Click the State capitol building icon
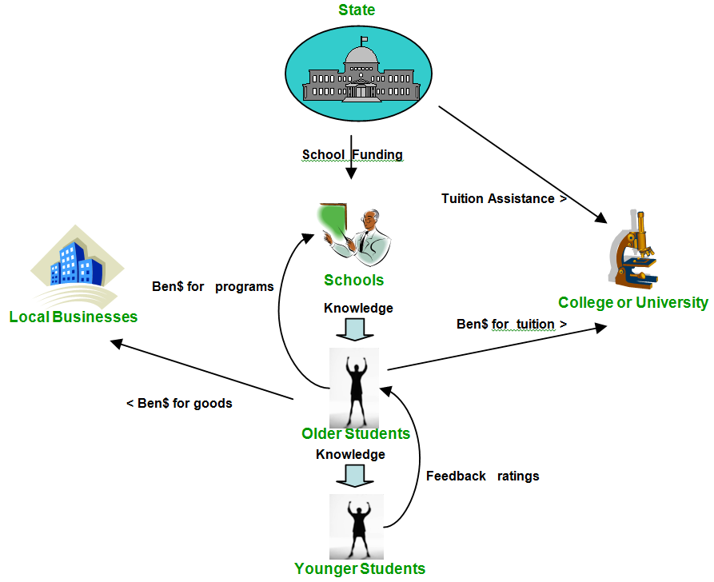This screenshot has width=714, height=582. [x=359, y=72]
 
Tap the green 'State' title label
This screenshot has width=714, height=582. [x=356, y=10]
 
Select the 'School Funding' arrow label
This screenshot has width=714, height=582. [x=352, y=155]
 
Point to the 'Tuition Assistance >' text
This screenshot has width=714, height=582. [x=504, y=198]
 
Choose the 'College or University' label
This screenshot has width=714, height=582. [x=632, y=302]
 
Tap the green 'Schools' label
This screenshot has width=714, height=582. [x=353, y=281]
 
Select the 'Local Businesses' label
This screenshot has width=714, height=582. [x=74, y=317]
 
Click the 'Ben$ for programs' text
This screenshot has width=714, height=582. [x=213, y=286]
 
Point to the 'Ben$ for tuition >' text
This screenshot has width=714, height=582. [x=512, y=324]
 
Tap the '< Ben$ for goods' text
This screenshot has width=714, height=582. [x=179, y=403]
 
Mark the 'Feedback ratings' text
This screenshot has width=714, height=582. [x=482, y=476]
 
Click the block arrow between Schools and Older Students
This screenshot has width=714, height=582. [x=354, y=329]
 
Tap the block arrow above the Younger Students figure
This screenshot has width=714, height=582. [x=354, y=475]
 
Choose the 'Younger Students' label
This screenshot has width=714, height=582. [x=359, y=569]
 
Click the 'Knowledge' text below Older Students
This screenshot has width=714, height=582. [x=350, y=454]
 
